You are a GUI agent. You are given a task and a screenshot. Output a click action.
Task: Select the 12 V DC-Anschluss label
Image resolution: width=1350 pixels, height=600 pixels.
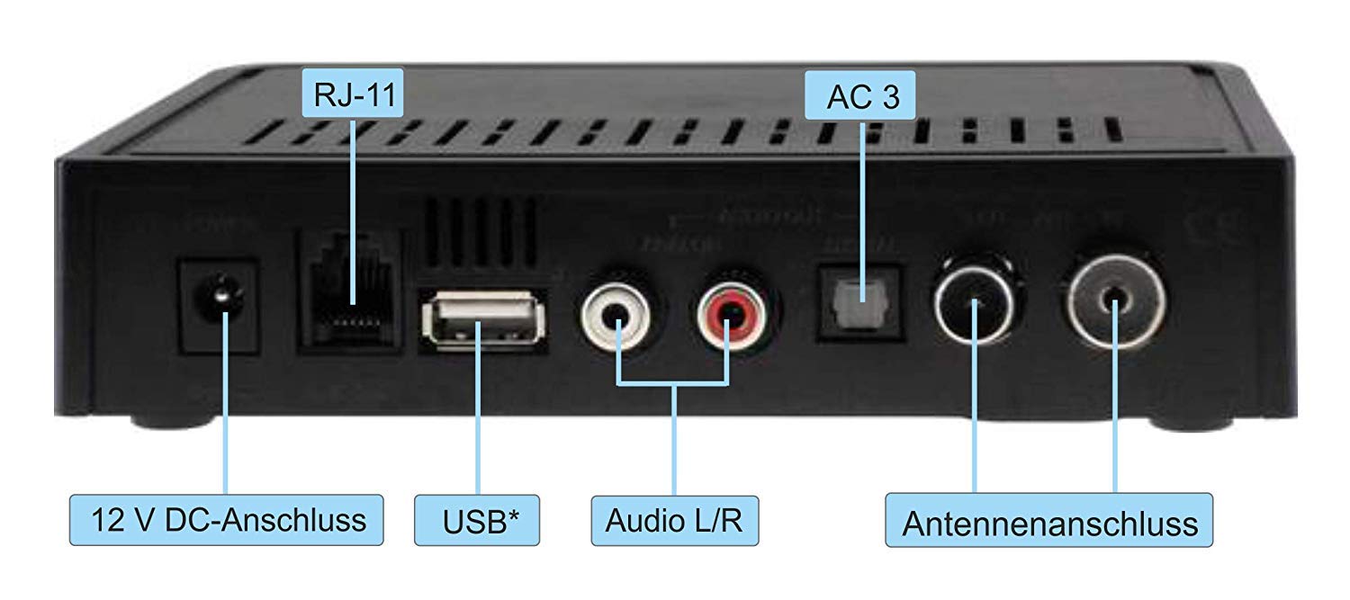(229, 519)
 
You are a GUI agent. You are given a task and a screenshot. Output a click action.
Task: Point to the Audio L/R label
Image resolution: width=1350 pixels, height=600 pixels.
(674, 520)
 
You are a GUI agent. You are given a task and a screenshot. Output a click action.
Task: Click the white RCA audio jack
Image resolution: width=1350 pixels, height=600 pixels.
(616, 314)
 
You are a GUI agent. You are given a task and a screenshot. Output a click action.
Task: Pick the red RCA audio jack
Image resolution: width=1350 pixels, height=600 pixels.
(727, 314)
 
